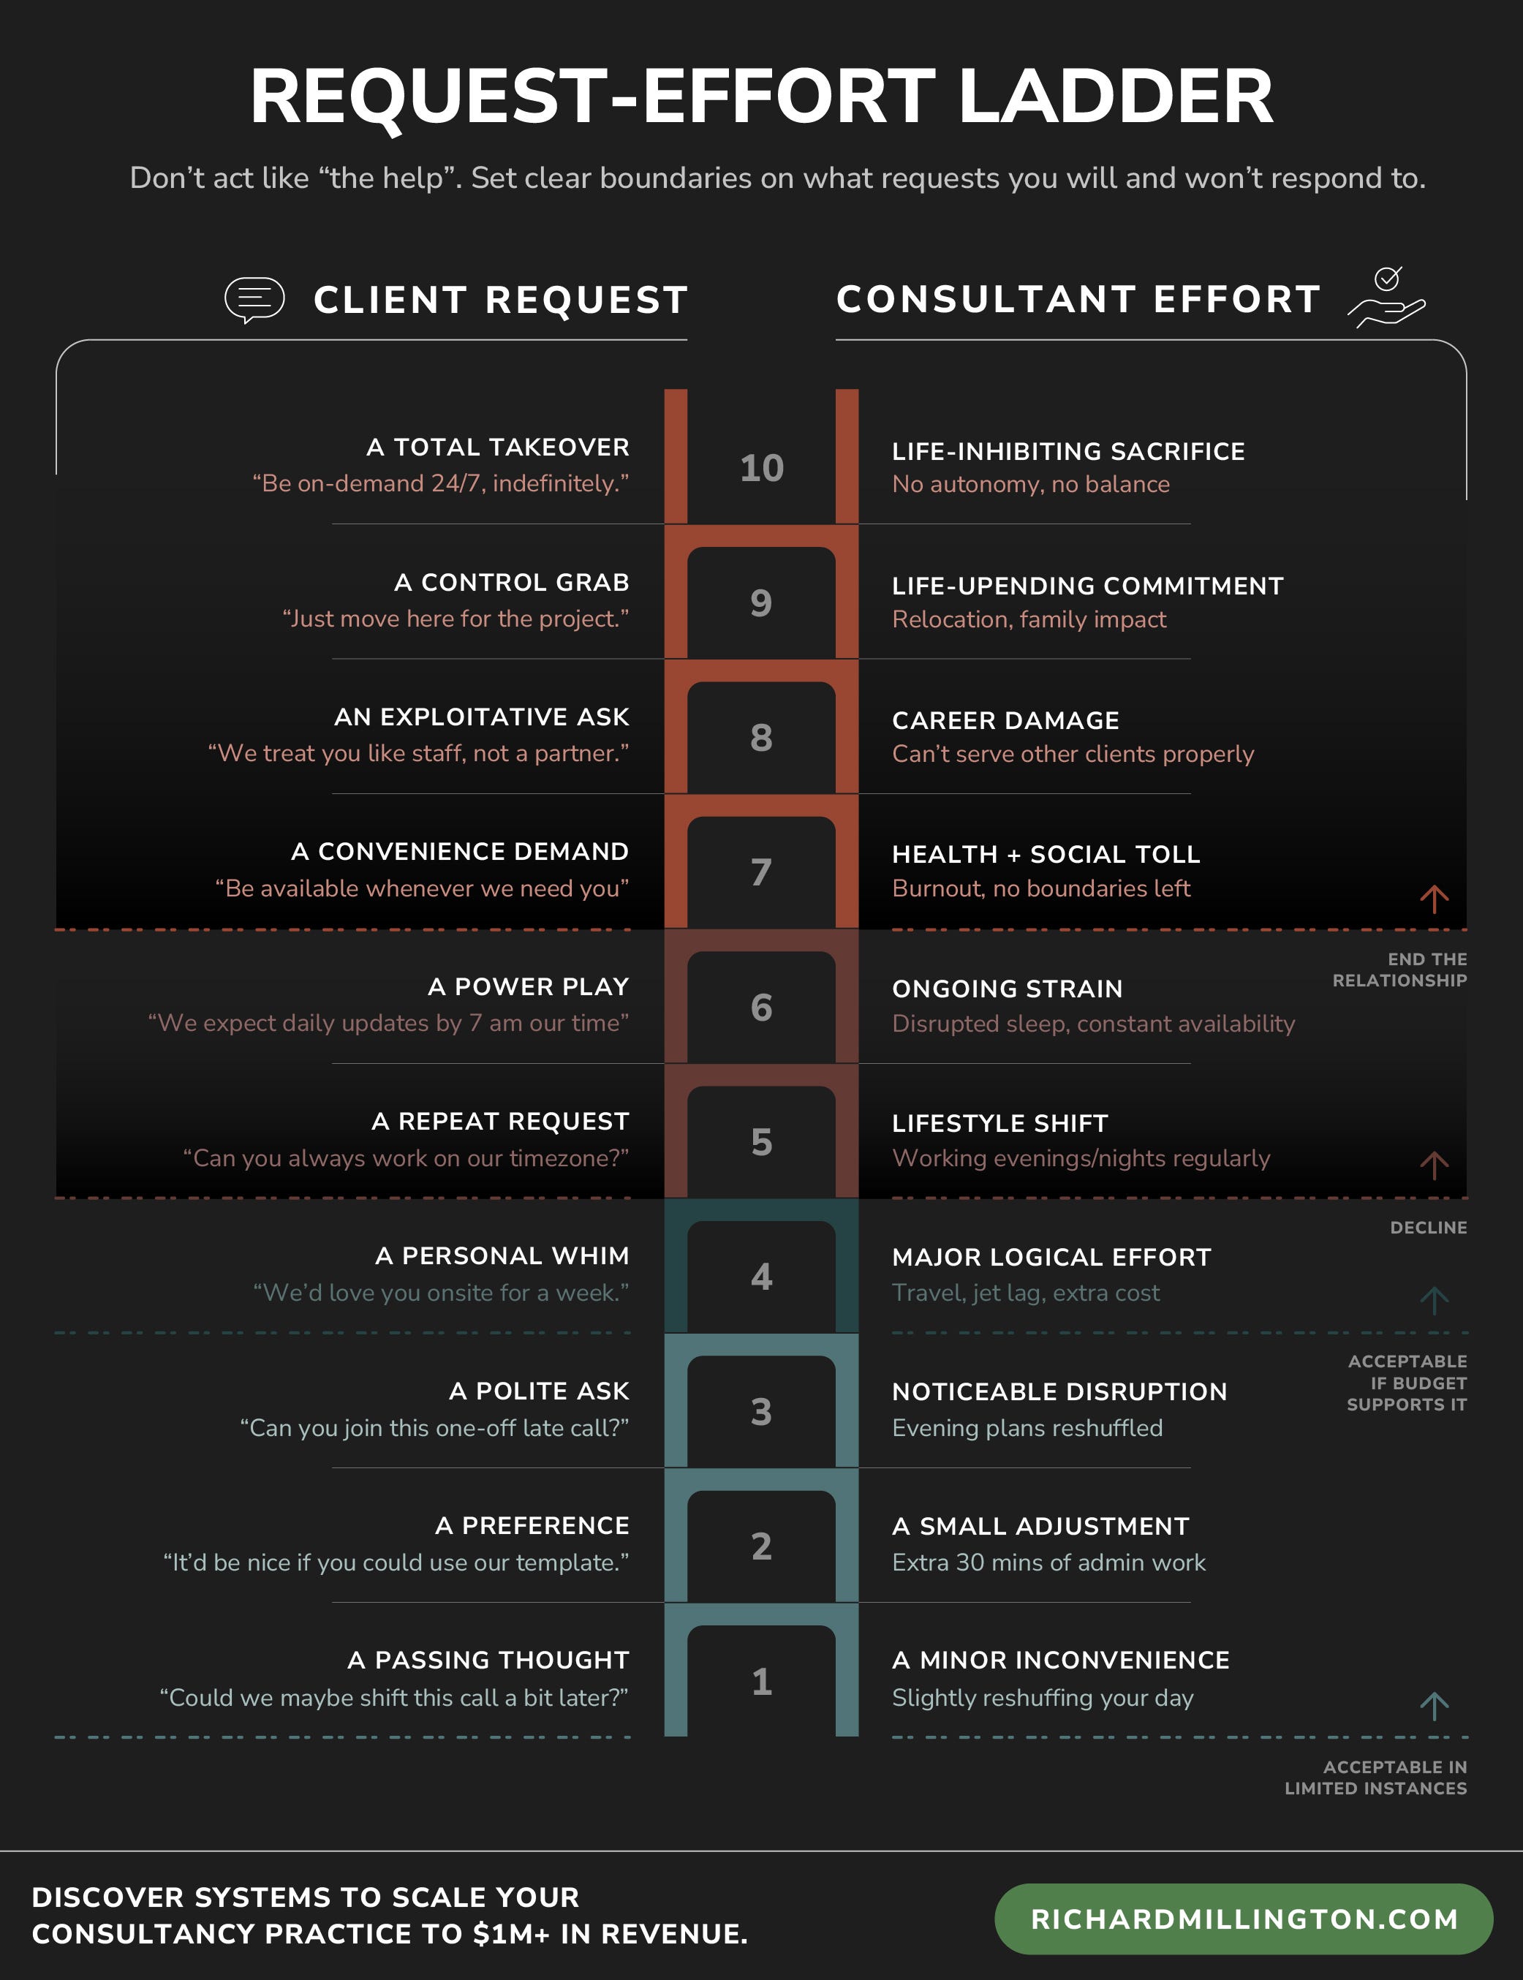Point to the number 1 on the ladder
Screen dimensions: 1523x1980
pyautogui.click(x=762, y=1682)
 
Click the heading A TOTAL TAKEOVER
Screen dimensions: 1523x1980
pyautogui.click(x=498, y=447)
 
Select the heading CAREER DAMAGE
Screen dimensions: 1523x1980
pyautogui.click(x=1005, y=721)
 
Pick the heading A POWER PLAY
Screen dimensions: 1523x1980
pyautogui.click(x=529, y=986)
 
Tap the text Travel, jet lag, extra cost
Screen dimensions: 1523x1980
pyautogui.click(x=1025, y=1293)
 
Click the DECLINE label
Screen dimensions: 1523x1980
pyautogui.click(x=1428, y=1228)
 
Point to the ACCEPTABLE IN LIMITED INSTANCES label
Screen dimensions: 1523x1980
pyautogui.click(x=1375, y=1777)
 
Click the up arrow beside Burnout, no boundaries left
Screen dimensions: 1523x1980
pyautogui.click(x=1434, y=899)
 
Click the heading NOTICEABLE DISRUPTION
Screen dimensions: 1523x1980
pyautogui.click(x=1059, y=1391)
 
